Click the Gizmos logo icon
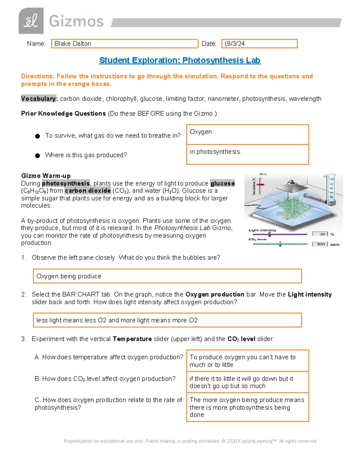click(x=31, y=21)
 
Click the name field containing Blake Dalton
click(x=124, y=44)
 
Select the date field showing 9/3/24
click(x=259, y=44)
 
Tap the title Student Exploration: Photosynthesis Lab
click(x=180, y=60)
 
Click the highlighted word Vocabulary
click(x=38, y=99)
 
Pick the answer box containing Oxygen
click(x=247, y=134)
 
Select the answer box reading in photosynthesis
click(x=247, y=154)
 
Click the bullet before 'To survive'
click(x=37, y=136)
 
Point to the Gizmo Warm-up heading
click(x=46, y=176)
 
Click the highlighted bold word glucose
click(x=222, y=183)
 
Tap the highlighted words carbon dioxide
click(x=88, y=191)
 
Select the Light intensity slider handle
click(x=269, y=234)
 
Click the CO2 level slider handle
click(x=280, y=244)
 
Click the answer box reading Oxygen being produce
click(x=167, y=276)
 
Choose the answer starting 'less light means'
click(x=167, y=320)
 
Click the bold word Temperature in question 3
click(x=132, y=339)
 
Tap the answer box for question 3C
click(x=247, y=407)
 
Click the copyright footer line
click(x=190, y=441)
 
